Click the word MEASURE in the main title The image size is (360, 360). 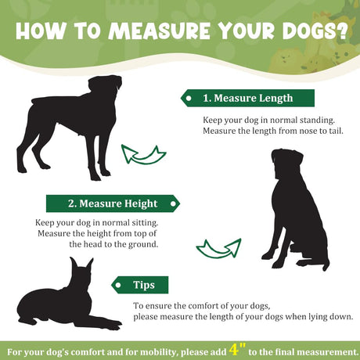click(x=159, y=31)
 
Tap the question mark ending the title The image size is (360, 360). click(x=340, y=31)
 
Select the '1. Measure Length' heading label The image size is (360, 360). click(x=247, y=98)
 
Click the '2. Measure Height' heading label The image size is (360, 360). click(x=113, y=203)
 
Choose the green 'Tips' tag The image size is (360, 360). click(x=140, y=285)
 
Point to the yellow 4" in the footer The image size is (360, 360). click(x=237, y=350)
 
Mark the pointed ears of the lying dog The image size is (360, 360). click(x=81, y=265)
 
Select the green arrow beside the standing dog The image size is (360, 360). click(x=143, y=155)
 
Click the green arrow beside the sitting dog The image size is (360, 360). click(x=218, y=248)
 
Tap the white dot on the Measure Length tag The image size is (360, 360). click(x=189, y=99)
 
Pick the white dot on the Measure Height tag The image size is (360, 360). click(x=173, y=203)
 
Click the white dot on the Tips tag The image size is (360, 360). click(x=118, y=285)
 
